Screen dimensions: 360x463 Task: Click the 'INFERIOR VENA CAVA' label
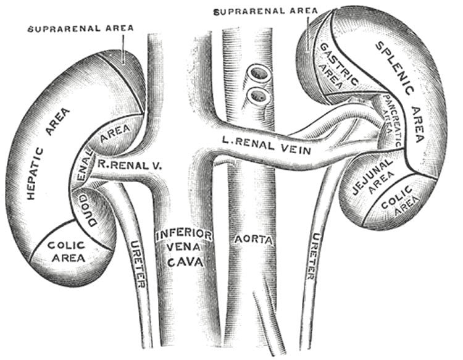[x=184, y=248]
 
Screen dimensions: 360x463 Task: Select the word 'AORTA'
[x=252, y=237]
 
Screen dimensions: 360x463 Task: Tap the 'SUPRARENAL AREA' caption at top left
[x=80, y=28]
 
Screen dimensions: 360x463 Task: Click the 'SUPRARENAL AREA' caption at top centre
[x=264, y=10]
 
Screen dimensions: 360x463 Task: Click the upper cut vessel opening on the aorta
[x=257, y=75]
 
